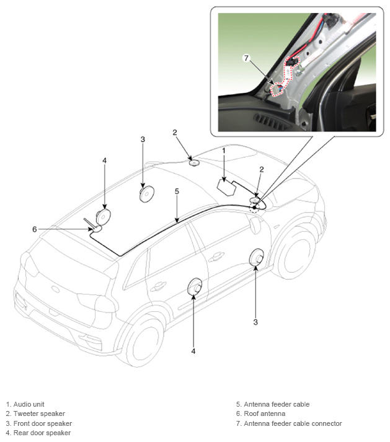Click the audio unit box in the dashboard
tap(226, 187)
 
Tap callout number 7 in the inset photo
tap(247, 58)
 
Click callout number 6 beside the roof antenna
tap(34, 229)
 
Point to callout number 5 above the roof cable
tap(177, 191)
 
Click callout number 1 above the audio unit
tap(224, 151)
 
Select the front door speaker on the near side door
tap(257, 257)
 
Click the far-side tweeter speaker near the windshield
tap(194, 162)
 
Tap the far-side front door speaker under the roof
tap(147, 193)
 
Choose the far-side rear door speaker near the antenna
tap(103, 216)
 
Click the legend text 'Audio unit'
tap(29, 404)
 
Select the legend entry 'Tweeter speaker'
tap(39, 413)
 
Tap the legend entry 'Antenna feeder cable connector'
tap(293, 423)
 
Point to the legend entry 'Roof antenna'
tap(265, 413)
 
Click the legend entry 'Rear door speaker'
tap(42, 433)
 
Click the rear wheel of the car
tap(143, 342)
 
